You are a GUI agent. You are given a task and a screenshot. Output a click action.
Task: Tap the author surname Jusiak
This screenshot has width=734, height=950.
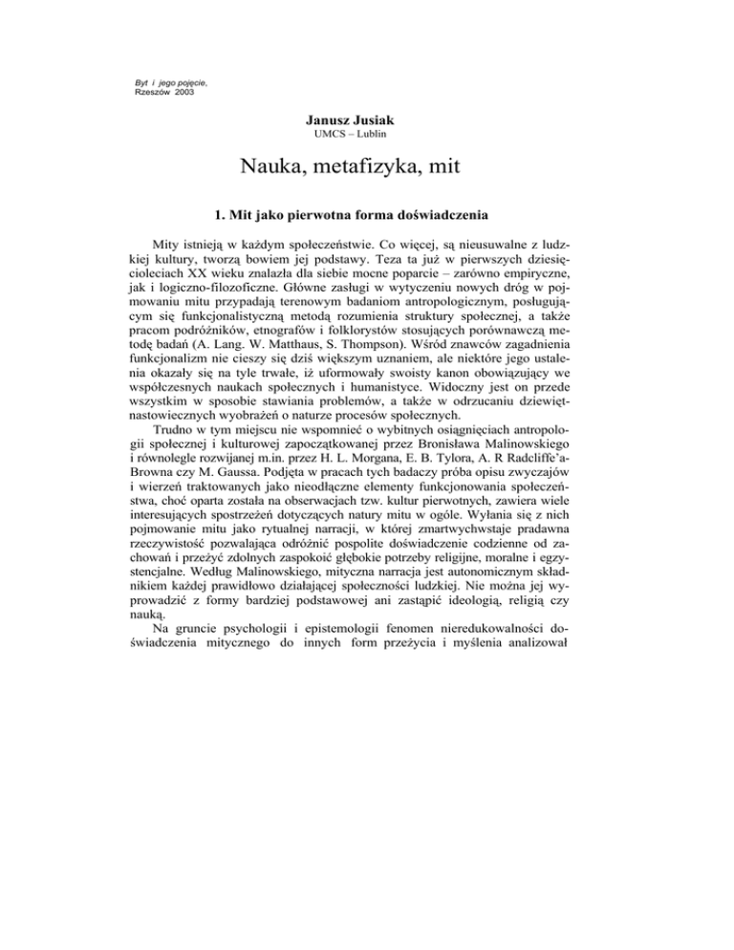(399, 121)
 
